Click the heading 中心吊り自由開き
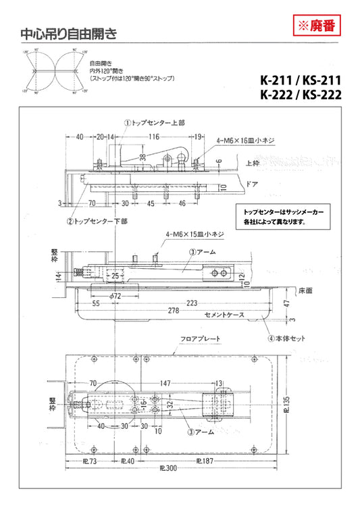pos(68,32)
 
